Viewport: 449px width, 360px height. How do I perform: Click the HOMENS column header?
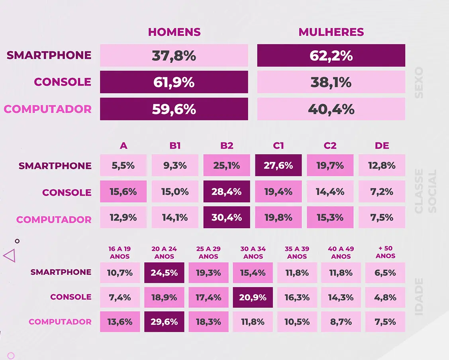[x=174, y=32]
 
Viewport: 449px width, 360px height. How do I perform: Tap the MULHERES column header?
[x=331, y=32]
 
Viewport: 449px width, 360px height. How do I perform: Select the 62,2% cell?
[x=331, y=55]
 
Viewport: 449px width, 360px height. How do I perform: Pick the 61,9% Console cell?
[x=174, y=82]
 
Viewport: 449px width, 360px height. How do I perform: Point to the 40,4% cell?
[x=331, y=109]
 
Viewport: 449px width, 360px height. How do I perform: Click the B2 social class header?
[x=227, y=146]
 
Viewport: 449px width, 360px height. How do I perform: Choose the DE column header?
[x=382, y=146]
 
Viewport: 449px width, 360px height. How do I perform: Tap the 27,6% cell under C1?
[x=278, y=165]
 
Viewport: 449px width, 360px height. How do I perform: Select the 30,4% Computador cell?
[x=227, y=217]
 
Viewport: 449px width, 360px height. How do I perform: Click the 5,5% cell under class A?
[x=124, y=165]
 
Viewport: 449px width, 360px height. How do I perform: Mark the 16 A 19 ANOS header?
[x=120, y=252]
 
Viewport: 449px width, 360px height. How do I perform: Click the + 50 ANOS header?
[x=385, y=252]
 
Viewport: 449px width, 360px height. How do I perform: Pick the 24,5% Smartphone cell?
[x=164, y=273]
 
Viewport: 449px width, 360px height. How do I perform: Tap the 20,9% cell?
[x=253, y=297]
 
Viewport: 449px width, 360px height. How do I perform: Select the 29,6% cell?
[x=164, y=322]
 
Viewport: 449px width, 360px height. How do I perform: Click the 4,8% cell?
[x=385, y=297]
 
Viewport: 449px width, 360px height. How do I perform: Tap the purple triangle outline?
[x=10, y=255]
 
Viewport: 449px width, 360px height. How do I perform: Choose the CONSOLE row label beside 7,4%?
[x=71, y=297]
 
